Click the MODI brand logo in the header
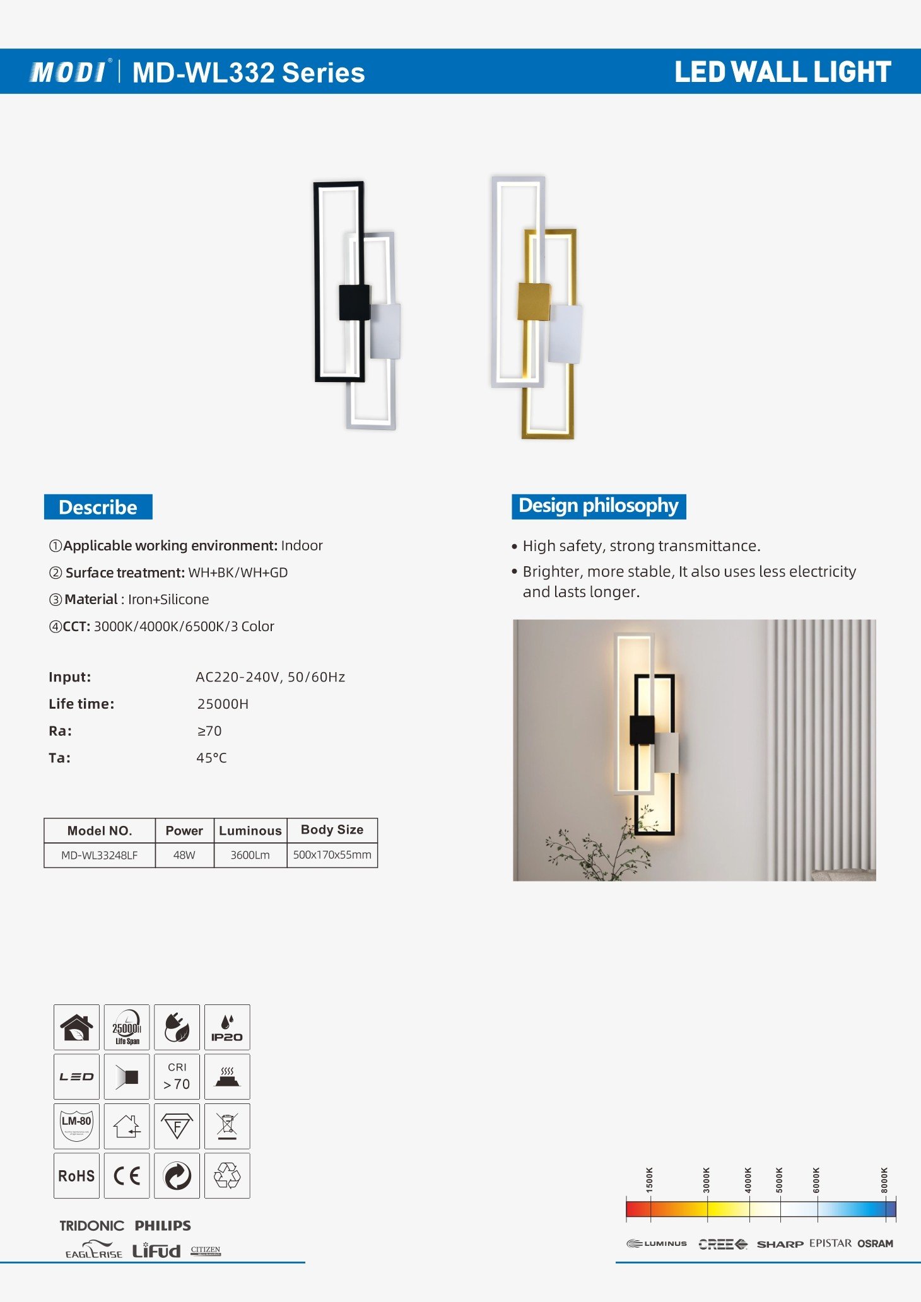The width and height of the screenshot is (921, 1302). [68, 72]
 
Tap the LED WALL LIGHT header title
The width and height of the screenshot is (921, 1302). [782, 72]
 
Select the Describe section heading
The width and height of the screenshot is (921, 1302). [98, 507]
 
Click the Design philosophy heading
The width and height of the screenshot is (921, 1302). [598, 506]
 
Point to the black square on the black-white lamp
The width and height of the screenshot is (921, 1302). [354, 303]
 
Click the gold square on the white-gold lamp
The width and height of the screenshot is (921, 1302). [534, 301]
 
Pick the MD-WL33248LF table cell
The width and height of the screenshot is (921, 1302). [100, 855]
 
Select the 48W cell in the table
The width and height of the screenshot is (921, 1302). [184, 855]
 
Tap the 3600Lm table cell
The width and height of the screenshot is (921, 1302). [250, 855]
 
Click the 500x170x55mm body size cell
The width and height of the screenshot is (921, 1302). [332, 855]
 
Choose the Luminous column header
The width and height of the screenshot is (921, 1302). [250, 830]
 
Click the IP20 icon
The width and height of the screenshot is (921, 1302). [227, 1027]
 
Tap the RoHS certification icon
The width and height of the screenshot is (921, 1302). [76, 1175]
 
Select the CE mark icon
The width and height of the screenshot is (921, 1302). [127, 1175]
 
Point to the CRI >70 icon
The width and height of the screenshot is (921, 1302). [177, 1076]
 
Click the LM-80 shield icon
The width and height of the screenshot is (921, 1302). [76, 1125]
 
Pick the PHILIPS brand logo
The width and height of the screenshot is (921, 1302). [163, 1226]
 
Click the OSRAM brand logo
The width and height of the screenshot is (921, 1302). [875, 1243]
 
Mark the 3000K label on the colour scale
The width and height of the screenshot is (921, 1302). [707, 1180]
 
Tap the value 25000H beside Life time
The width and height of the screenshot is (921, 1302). [223, 704]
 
